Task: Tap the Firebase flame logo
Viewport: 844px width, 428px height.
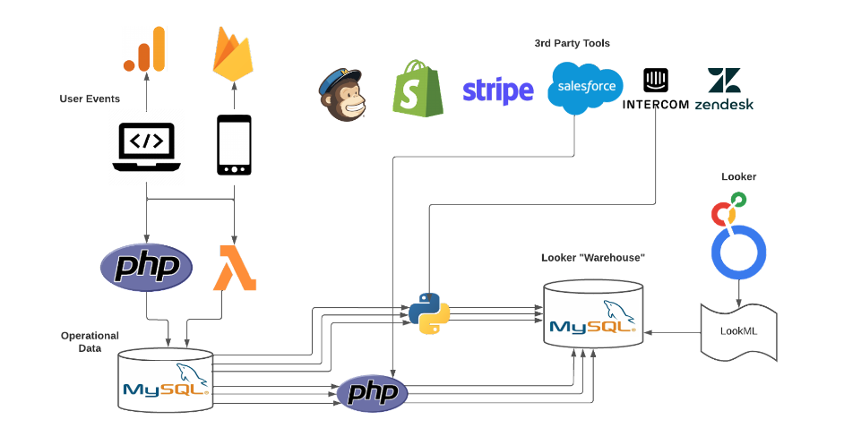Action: pyautogui.click(x=233, y=52)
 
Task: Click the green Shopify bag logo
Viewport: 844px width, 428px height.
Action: pyautogui.click(x=418, y=88)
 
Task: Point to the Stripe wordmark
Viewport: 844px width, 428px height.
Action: pyautogui.click(x=497, y=91)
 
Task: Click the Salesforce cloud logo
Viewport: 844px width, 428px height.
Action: pyautogui.click(x=586, y=88)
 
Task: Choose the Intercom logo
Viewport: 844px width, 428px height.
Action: pyautogui.click(x=656, y=90)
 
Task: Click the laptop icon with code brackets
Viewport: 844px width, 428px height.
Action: pyautogui.click(x=146, y=146)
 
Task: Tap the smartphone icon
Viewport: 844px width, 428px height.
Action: pyautogui.click(x=234, y=146)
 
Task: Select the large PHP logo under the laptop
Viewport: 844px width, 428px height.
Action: pyautogui.click(x=145, y=266)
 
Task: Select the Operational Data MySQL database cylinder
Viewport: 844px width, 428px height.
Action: pyautogui.click(x=166, y=381)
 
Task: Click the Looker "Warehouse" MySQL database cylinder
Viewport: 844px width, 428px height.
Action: pyautogui.click(x=593, y=315)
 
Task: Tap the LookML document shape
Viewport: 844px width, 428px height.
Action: pyautogui.click(x=738, y=330)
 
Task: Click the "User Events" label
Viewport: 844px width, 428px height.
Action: pyautogui.click(x=90, y=98)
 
